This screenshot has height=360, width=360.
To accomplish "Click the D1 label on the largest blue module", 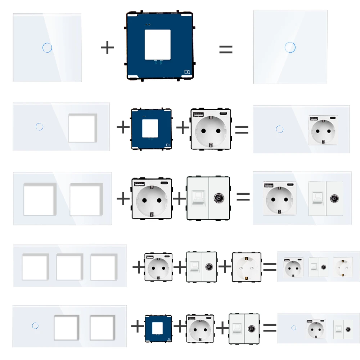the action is point(187,72).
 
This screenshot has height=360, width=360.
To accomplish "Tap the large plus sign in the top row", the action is point(107,48).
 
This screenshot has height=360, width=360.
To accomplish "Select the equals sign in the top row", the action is point(226,49).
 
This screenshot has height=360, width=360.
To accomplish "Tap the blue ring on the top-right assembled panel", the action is point(288,47).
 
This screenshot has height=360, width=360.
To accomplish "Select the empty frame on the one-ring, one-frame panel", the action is point(82,127).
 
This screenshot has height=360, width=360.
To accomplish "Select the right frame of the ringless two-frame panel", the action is point(86,199).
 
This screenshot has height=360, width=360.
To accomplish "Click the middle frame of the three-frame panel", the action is point(69,267).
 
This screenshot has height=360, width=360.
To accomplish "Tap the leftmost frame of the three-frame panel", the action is point(35,267).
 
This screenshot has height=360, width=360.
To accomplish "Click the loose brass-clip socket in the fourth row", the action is point(246,267).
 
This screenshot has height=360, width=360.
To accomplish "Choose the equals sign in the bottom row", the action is point(270,327).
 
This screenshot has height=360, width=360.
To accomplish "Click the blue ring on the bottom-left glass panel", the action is point(35,325).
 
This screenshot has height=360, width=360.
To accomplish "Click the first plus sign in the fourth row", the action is point(138,267).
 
